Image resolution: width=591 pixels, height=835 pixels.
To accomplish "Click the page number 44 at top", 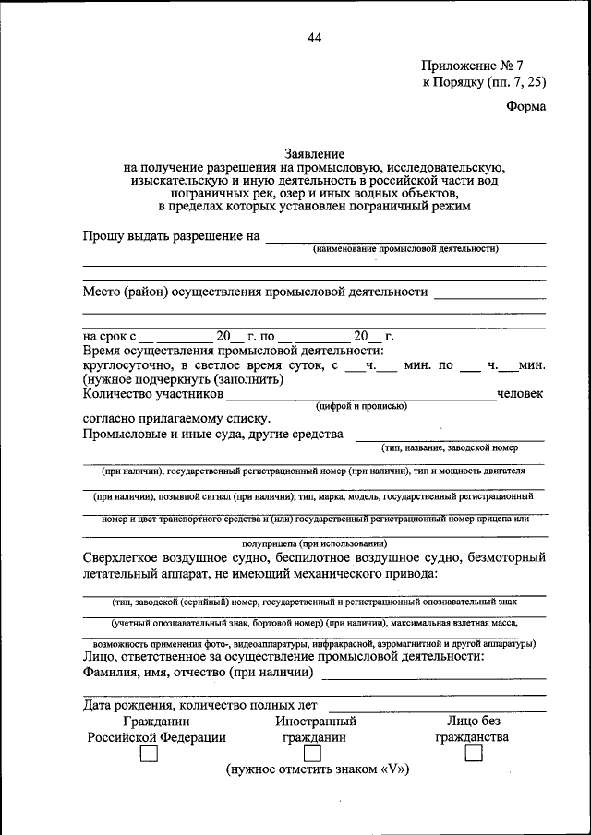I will (x=314, y=38).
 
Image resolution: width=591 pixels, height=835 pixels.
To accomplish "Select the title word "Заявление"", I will (x=314, y=153).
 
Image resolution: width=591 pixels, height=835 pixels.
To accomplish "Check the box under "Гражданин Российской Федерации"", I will (x=148, y=755).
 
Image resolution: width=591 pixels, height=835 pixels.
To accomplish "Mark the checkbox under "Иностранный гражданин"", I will (x=315, y=755).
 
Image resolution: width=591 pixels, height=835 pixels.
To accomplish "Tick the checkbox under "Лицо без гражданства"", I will (x=473, y=755).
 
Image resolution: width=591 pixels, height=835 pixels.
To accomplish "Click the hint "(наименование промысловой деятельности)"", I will (x=404, y=249).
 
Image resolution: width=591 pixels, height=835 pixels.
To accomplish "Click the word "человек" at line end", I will (x=521, y=394).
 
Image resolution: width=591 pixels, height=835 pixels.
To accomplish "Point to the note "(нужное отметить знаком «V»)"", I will (x=317, y=769).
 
